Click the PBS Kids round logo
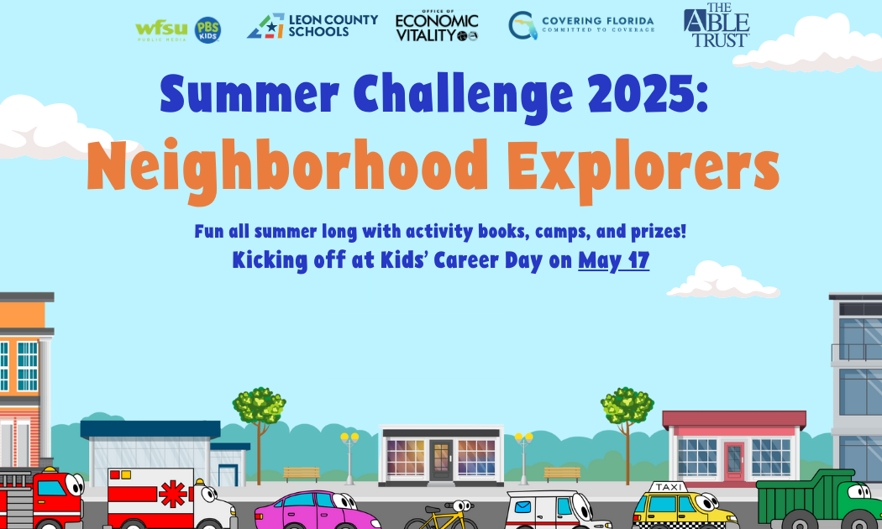point(207,29)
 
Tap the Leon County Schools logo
point(312,26)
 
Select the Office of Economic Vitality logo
point(437,26)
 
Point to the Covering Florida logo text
point(598,24)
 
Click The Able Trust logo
point(717,25)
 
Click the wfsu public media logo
point(161,29)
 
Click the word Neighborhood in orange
point(287,167)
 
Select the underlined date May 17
point(614,260)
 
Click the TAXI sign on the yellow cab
point(669,487)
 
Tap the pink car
point(315,511)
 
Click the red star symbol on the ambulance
point(173,494)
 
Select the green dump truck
point(819,500)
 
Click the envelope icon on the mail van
point(522,507)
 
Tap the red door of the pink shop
point(734,461)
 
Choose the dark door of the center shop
point(440,460)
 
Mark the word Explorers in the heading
point(643,167)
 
